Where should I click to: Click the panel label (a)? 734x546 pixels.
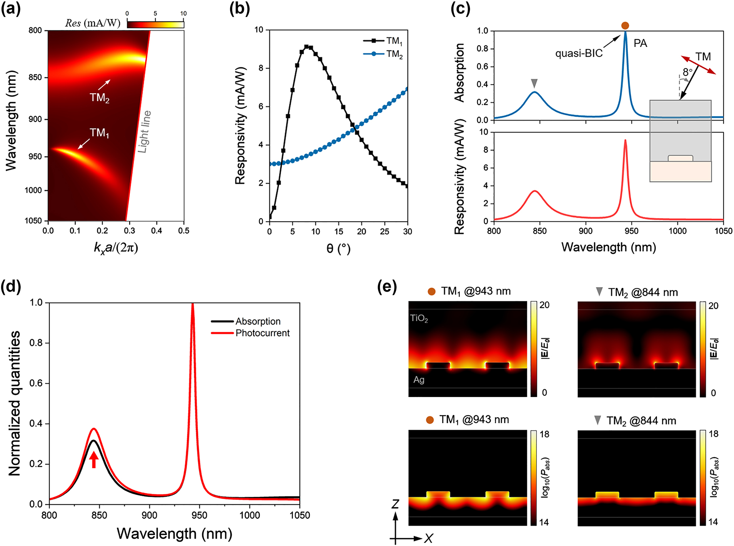[x=11, y=9]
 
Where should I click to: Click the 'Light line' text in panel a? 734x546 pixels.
[x=145, y=132]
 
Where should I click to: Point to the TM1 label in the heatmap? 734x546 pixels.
[x=99, y=133]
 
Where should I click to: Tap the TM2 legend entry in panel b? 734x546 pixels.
[x=394, y=54]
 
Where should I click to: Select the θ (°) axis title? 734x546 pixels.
[x=338, y=248]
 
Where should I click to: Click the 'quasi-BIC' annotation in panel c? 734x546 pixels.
[x=579, y=53]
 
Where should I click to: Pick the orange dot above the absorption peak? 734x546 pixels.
[x=625, y=25]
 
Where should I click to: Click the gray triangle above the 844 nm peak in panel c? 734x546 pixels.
[x=534, y=84]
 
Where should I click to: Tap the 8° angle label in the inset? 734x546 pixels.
[x=688, y=72]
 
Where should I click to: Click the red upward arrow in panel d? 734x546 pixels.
[x=94, y=460]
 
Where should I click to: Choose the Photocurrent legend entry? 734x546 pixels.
[x=262, y=333]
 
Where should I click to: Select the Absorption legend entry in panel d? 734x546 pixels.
[x=258, y=321]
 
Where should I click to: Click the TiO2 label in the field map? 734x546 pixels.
[x=419, y=319]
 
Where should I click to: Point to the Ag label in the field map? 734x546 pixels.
[x=419, y=380]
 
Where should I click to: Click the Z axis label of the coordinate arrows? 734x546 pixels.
[x=395, y=504]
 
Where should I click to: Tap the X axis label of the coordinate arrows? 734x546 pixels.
[x=429, y=538]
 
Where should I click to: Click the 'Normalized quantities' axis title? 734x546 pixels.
[x=15, y=403]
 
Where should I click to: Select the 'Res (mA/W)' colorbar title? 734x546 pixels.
[x=93, y=23]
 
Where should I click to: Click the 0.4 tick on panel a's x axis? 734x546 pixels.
[x=157, y=231]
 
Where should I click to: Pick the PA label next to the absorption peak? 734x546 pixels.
[x=640, y=43]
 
